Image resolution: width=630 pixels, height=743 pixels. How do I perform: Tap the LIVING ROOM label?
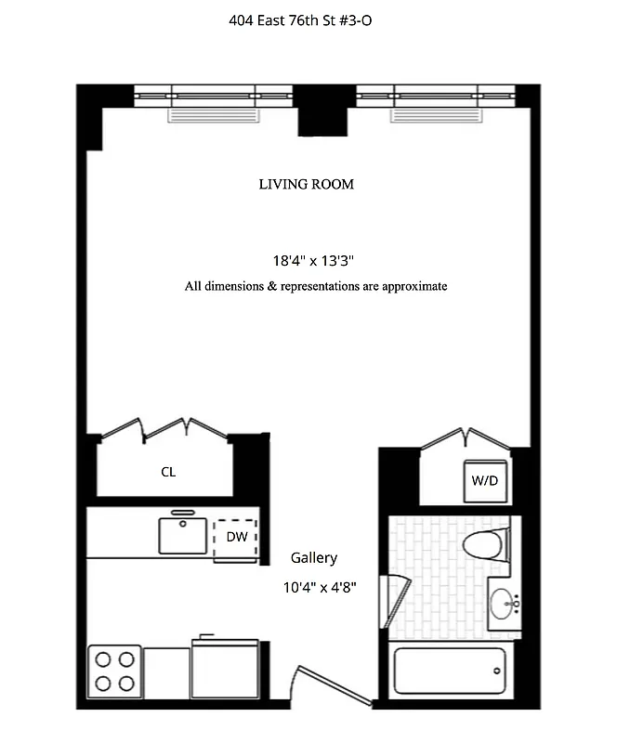click(306, 185)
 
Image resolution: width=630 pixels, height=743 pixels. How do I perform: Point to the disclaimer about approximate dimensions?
click(315, 286)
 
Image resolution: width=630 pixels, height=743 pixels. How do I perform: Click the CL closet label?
click(168, 472)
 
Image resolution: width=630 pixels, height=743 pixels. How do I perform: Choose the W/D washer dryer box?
click(485, 480)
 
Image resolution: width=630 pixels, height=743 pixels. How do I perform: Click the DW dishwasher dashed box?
click(234, 538)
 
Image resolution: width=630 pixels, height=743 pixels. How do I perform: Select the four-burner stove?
click(114, 671)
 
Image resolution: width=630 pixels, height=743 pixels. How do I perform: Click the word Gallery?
click(313, 558)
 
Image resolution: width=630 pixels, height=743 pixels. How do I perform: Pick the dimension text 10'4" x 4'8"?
click(320, 587)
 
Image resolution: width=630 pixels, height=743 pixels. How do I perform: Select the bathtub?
click(450, 671)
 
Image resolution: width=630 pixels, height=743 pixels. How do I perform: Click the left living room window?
click(214, 96)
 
